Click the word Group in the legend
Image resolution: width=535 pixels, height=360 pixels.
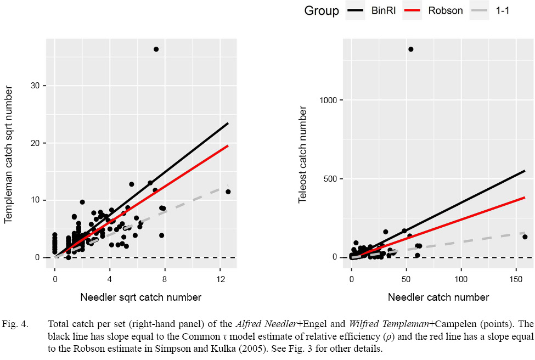tap(322, 10)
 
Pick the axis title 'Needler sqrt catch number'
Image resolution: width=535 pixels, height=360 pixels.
tap(140, 297)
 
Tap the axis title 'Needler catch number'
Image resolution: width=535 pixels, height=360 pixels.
tap(438, 297)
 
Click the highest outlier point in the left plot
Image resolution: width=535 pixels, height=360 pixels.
tap(156, 49)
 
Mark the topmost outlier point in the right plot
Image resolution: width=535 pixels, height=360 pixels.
tap(411, 49)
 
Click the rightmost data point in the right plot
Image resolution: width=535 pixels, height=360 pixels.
tap(525, 237)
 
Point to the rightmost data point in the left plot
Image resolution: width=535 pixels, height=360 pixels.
tap(228, 192)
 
